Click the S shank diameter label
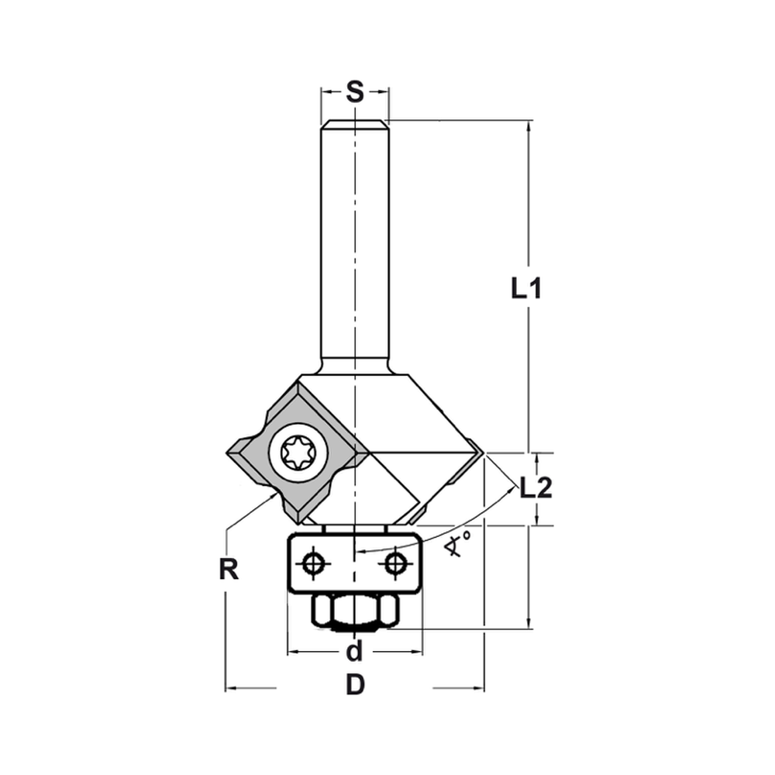pos(354,92)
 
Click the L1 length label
pos(525,289)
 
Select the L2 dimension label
pos(536,487)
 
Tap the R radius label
pos(227,570)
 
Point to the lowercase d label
pos(354,652)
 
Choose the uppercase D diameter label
pos(354,686)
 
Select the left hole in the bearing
pos(313,563)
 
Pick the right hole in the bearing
pos(396,563)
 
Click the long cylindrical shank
pos(354,248)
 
